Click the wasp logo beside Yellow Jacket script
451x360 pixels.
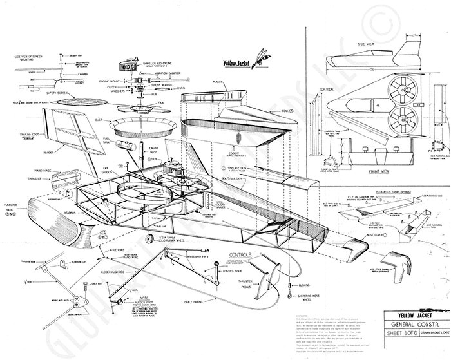tap(259, 56)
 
